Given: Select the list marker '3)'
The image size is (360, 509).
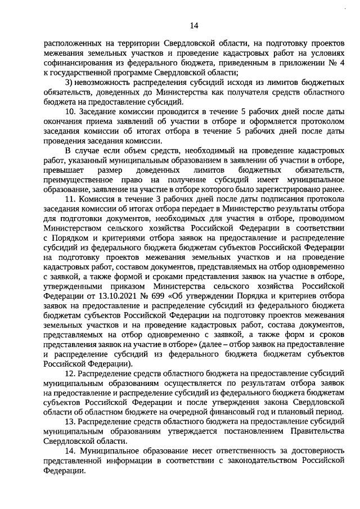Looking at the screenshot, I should [69, 83].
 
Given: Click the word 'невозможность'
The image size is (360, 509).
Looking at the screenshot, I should [107, 83].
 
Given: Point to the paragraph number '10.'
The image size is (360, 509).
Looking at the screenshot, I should [71, 112].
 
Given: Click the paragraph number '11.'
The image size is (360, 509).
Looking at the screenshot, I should [71, 199].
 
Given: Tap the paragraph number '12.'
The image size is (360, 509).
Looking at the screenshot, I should [71, 373].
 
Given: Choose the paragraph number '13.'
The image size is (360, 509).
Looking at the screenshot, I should [71, 421].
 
